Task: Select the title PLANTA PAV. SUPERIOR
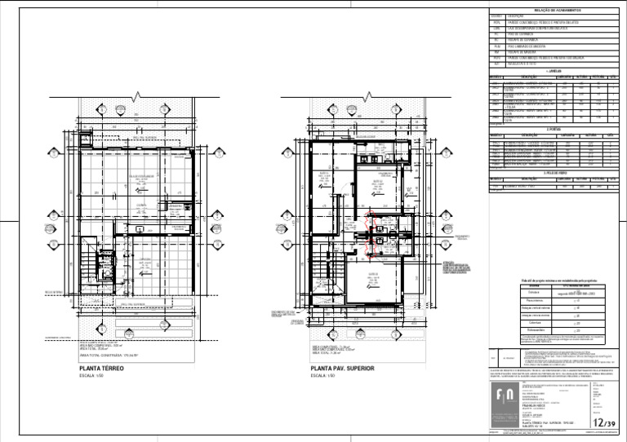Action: (341, 369)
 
